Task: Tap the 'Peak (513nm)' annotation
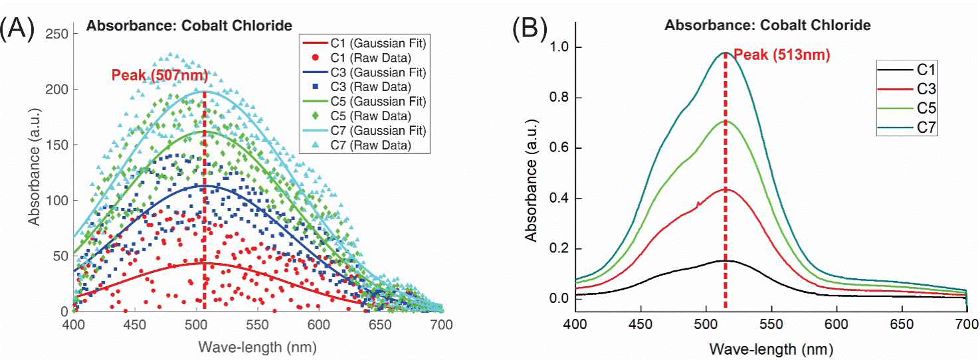click(781, 55)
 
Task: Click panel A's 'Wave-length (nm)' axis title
click(256, 347)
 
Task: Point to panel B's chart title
click(768, 25)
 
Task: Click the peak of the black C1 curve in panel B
click(724, 260)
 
